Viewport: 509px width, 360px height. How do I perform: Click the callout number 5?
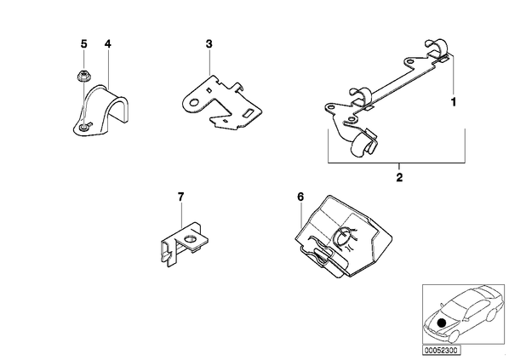[84, 43]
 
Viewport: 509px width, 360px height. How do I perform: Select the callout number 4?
[108, 43]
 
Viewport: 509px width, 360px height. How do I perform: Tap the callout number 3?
[209, 43]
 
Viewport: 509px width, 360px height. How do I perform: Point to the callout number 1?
[454, 102]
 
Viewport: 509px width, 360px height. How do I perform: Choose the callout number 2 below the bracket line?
[399, 177]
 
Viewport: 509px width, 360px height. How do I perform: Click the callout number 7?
[180, 197]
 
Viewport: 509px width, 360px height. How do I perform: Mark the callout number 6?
[300, 197]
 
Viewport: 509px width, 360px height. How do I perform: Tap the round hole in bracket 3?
[194, 103]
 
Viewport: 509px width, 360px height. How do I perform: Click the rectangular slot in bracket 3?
[249, 112]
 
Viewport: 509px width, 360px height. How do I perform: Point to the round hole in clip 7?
[189, 240]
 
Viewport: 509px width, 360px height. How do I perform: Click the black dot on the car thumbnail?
[441, 323]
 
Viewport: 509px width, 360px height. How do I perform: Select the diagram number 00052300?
[441, 351]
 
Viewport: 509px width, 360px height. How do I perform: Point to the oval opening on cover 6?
[344, 236]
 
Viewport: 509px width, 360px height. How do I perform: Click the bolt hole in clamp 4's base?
[83, 128]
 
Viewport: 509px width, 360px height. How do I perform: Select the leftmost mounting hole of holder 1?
[331, 106]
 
